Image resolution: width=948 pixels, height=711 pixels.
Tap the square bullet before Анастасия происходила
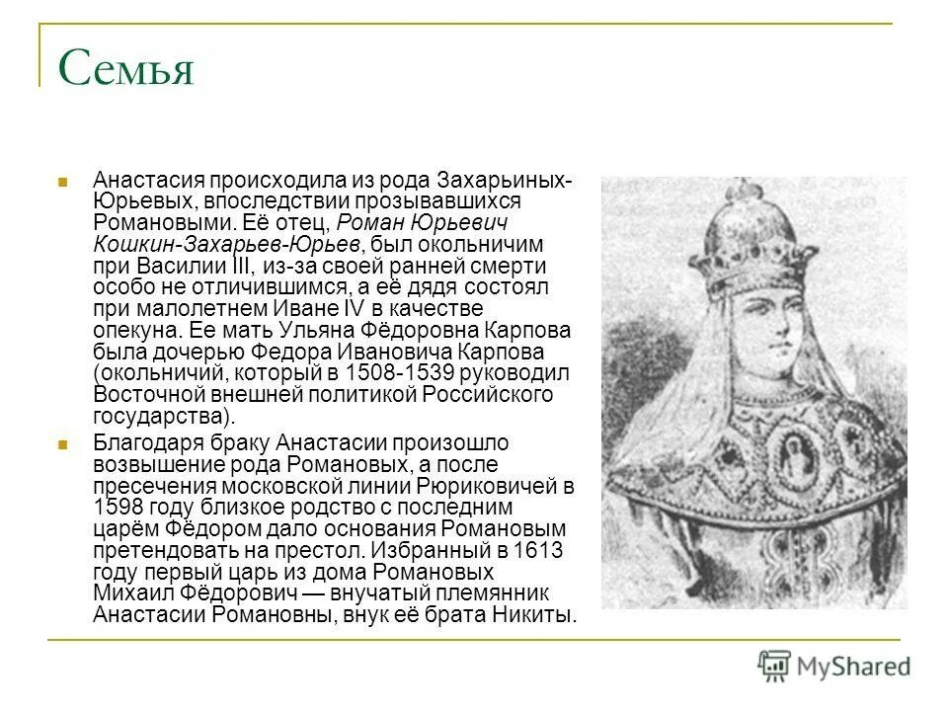[x=61, y=182]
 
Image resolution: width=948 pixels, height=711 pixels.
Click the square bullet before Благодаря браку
[x=61, y=443]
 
